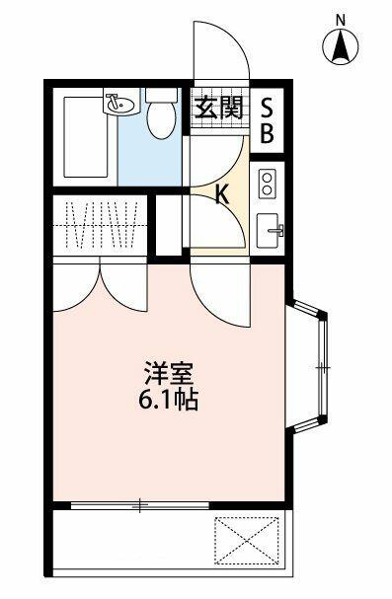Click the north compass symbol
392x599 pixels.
[x=341, y=47]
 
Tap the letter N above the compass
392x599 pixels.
[x=341, y=19]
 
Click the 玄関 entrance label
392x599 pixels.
[x=217, y=108]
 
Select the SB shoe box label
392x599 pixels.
[x=268, y=118]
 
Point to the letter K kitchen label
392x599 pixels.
[x=222, y=195]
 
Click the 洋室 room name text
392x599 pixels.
[x=169, y=376]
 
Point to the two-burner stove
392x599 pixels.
[x=268, y=183]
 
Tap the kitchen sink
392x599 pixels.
[x=269, y=231]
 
